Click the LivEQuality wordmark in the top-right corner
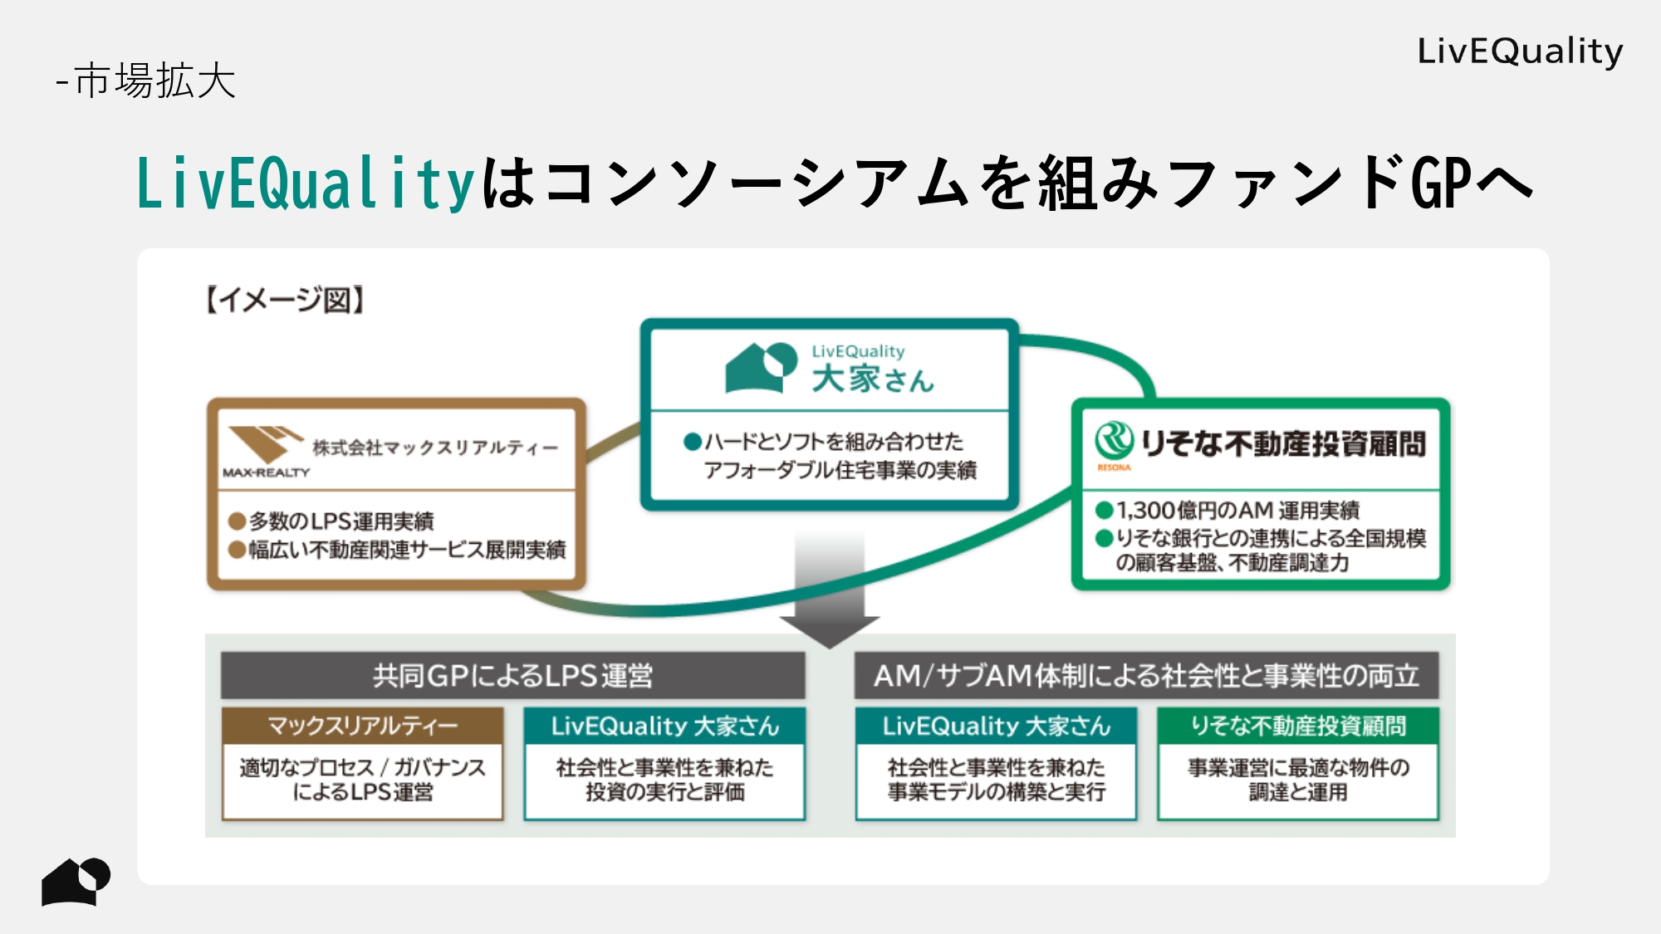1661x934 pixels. pos(1519,51)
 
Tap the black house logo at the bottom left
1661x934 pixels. pos(76,881)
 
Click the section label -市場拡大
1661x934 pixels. pos(147,81)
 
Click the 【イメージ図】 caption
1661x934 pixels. pos(285,300)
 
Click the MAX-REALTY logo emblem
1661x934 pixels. pos(264,444)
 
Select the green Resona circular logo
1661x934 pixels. pos(1114,440)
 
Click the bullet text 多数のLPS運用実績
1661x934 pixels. pos(341,521)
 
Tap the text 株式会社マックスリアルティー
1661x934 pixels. pos(434,447)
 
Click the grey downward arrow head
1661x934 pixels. pos(829,631)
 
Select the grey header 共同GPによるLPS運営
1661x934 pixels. pos(512,676)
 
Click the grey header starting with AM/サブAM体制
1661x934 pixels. pos(1146,676)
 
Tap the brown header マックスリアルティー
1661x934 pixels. pos(362,726)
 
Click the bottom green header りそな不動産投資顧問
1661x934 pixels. pos(1298,726)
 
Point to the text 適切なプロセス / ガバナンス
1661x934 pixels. pos(362,767)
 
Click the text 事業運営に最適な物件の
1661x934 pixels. pos(1298,767)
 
